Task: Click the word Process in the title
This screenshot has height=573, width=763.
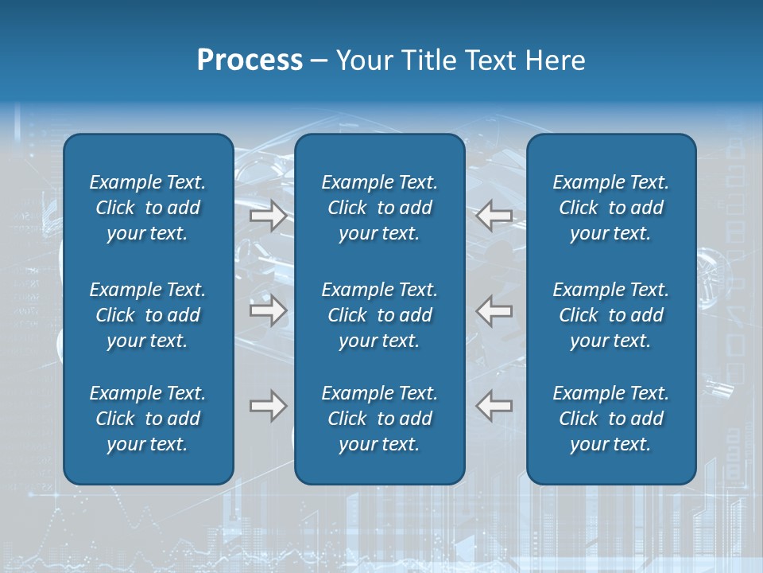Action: [250, 60]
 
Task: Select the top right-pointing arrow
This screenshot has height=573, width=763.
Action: [269, 216]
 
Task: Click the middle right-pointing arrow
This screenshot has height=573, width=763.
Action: [269, 310]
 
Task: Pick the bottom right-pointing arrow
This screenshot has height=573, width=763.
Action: [269, 406]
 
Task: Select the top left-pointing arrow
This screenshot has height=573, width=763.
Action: [494, 216]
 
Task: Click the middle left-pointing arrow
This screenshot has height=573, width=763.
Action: [494, 310]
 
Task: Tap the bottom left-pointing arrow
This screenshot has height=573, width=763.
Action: [494, 406]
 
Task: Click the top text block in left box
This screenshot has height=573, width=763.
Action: [148, 208]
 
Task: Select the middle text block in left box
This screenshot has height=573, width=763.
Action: [148, 315]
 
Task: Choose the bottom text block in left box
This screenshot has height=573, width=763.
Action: [148, 419]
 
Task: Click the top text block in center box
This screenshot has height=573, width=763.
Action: [380, 208]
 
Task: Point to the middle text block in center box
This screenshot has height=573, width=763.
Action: [380, 315]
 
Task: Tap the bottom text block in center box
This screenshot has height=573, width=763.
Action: [380, 419]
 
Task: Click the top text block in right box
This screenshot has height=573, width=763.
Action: [611, 208]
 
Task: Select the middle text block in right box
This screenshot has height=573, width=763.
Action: [611, 315]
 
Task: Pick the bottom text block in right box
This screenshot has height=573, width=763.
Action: [611, 419]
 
